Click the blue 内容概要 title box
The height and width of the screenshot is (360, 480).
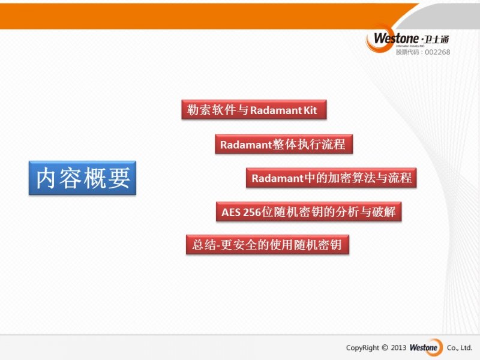coord(82,178)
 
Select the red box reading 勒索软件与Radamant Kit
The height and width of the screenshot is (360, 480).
coord(254,109)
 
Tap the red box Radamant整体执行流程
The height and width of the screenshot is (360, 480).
coord(284,144)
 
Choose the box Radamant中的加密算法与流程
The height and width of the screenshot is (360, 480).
coord(331,178)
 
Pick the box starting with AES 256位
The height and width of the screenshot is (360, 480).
coord(308,212)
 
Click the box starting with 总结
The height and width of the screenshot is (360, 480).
coord(268,245)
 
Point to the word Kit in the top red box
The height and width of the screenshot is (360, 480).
coord(310,110)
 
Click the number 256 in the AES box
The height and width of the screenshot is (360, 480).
coord(251,212)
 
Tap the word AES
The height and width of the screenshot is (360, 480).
coord(231,212)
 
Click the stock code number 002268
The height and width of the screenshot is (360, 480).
coord(437,52)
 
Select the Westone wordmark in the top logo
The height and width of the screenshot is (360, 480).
coord(396,38)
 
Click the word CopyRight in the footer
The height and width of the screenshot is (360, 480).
coord(362,348)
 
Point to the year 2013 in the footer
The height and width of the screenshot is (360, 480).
coord(398,347)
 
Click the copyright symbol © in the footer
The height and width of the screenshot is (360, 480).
coord(385,347)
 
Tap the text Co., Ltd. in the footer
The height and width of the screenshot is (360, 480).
coord(460,348)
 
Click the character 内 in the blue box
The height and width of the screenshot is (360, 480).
coord(46,178)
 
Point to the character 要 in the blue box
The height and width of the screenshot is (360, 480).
coord(119,178)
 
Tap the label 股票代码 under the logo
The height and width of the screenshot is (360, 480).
coord(407,52)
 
